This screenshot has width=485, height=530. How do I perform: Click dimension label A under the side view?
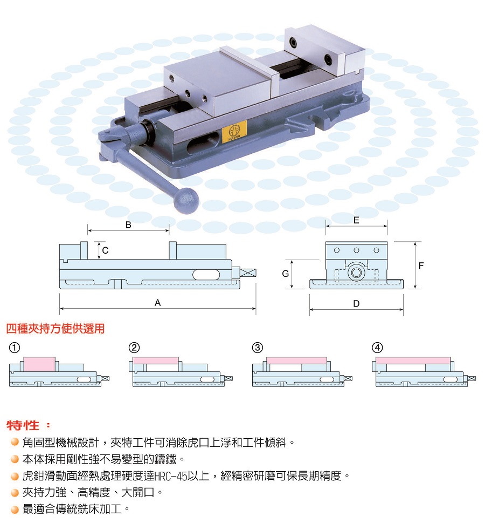[x=157, y=303]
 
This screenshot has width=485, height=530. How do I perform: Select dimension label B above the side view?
[x=128, y=225]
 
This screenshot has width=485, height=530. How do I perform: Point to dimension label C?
[x=106, y=250]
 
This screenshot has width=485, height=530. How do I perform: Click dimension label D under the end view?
[x=356, y=304]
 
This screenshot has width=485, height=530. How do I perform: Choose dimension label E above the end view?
[x=356, y=221]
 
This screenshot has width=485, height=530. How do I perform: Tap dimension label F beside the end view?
[x=421, y=266]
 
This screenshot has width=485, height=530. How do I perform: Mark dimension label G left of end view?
[x=286, y=274]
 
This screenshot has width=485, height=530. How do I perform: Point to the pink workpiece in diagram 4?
[x=413, y=360]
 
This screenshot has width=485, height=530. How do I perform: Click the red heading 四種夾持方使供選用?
[x=55, y=328]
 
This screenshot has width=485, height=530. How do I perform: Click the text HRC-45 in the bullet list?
[x=171, y=476]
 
